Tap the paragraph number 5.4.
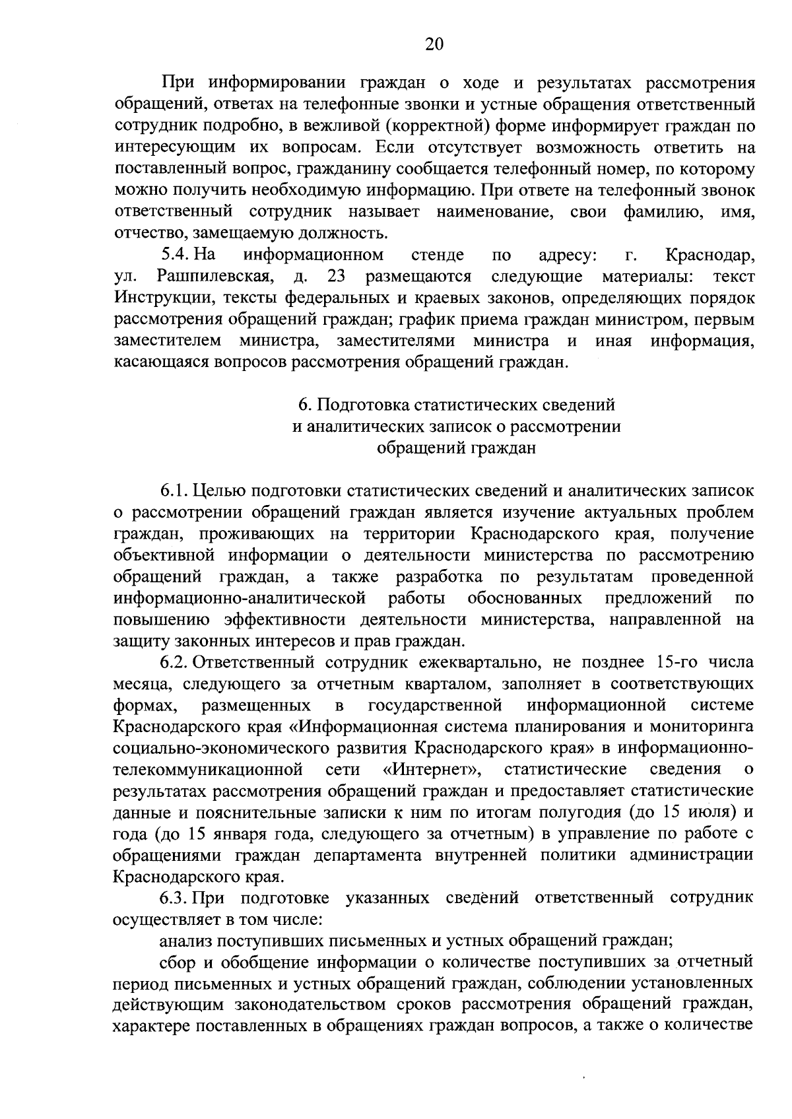[176, 254]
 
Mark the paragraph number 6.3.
[174, 898]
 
